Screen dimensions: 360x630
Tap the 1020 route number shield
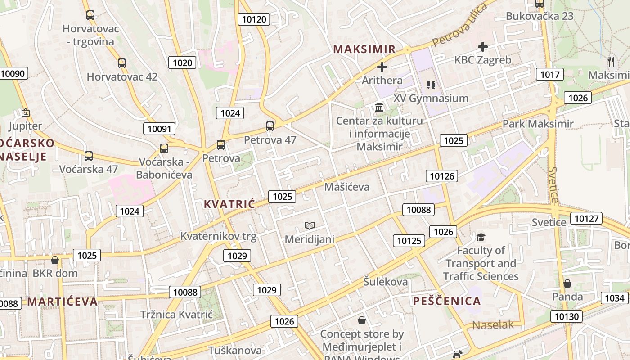tap(182, 63)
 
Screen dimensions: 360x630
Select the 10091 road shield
tap(159, 129)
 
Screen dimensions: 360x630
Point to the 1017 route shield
tap(549, 74)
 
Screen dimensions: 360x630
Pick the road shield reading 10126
tap(442, 176)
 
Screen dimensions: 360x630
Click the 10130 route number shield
tap(567, 316)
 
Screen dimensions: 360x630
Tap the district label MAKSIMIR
tap(364, 49)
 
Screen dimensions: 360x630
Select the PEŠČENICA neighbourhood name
tap(447, 301)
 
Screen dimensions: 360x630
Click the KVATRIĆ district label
tap(229, 204)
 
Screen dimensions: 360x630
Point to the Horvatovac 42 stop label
tap(122, 76)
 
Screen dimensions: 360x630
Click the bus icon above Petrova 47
tap(270, 126)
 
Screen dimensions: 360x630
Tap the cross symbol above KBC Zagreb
tap(483, 46)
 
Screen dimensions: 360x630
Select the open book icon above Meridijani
tap(310, 225)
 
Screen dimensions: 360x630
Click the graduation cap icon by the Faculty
tap(481, 237)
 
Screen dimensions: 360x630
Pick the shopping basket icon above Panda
tap(567, 283)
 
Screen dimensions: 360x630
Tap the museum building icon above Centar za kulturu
tap(379, 108)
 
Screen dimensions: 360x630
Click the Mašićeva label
tap(346, 187)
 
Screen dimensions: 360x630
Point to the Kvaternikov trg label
tap(218, 236)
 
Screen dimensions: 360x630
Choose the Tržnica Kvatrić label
tap(176, 314)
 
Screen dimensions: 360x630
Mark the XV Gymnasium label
tap(431, 98)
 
